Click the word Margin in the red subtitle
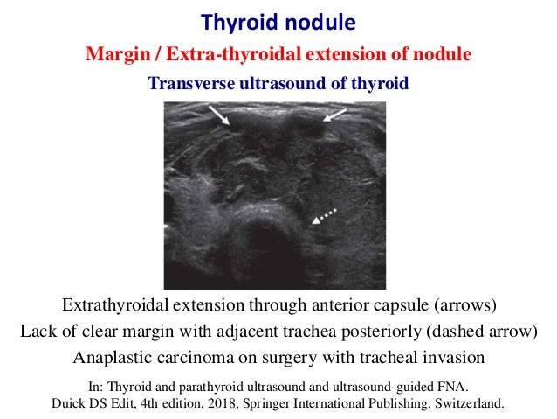(113, 54)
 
